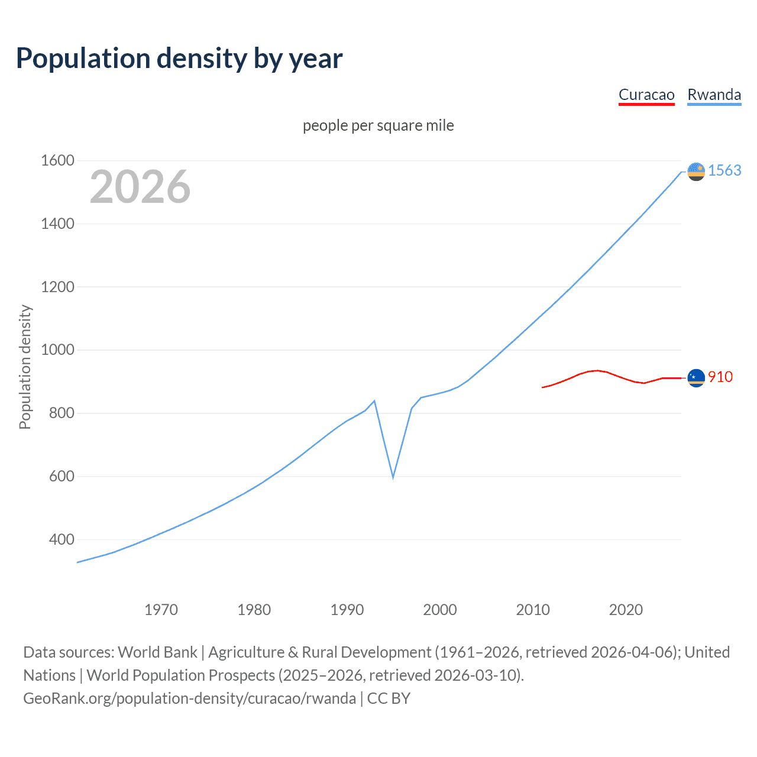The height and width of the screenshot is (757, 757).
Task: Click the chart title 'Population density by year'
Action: pyautogui.click(x=179, y=59)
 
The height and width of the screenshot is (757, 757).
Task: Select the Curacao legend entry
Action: pyautogui.click(x=646, y=95)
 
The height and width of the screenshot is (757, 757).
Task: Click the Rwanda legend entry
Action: pyautogui.click(x=714, y=95)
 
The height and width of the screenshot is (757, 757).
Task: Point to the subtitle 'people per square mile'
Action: pyautogui.click(x=378, y=125)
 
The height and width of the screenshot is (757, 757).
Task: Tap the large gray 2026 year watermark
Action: pyautogui.click(x=140, y=187)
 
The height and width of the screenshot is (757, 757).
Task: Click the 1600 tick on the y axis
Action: pyautogui.click(x=57, y=160)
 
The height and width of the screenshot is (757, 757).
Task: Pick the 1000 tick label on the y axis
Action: pyautogui.click(x=57, y=350)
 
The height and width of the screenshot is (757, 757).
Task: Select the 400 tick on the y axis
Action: pyautogui.click(x=62, y=539)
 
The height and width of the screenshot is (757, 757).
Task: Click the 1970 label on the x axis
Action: pyautogui.click(x=161, y=610)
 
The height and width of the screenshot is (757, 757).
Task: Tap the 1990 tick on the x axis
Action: pyautogui.click(x=347, y=610)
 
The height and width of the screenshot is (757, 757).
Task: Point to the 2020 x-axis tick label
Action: pyautogui.click(x=626, y=610)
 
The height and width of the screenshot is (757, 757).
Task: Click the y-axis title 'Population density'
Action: pyautogui.click(x=25, y=367)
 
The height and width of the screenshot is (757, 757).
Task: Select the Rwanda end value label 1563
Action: pyautogui.click(x=724, y=170)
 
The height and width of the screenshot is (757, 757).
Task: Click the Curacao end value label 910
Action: pyautogui.click(x=720, y=377)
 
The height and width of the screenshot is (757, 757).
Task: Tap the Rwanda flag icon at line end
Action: pyautogui.click(x=696, y=172)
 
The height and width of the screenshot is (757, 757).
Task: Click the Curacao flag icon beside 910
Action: pyautogui.click(x=696, y=377)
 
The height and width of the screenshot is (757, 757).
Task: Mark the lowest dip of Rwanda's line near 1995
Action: pyautogui.click(x=393, y=477)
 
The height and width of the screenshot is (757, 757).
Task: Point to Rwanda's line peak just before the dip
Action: pyautogui.click(x=374, y=401)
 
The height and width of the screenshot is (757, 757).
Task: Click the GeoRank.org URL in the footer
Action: pyautogui.click(x=189, y=698)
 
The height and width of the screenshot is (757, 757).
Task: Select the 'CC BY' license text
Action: pyautogui.click(x=389, y=698)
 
